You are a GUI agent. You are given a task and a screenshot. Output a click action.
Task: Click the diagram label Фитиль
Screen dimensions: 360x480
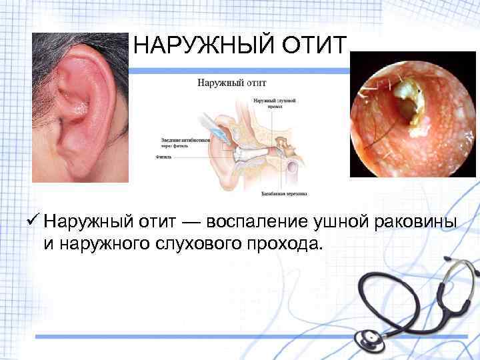(x=163, y=158)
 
